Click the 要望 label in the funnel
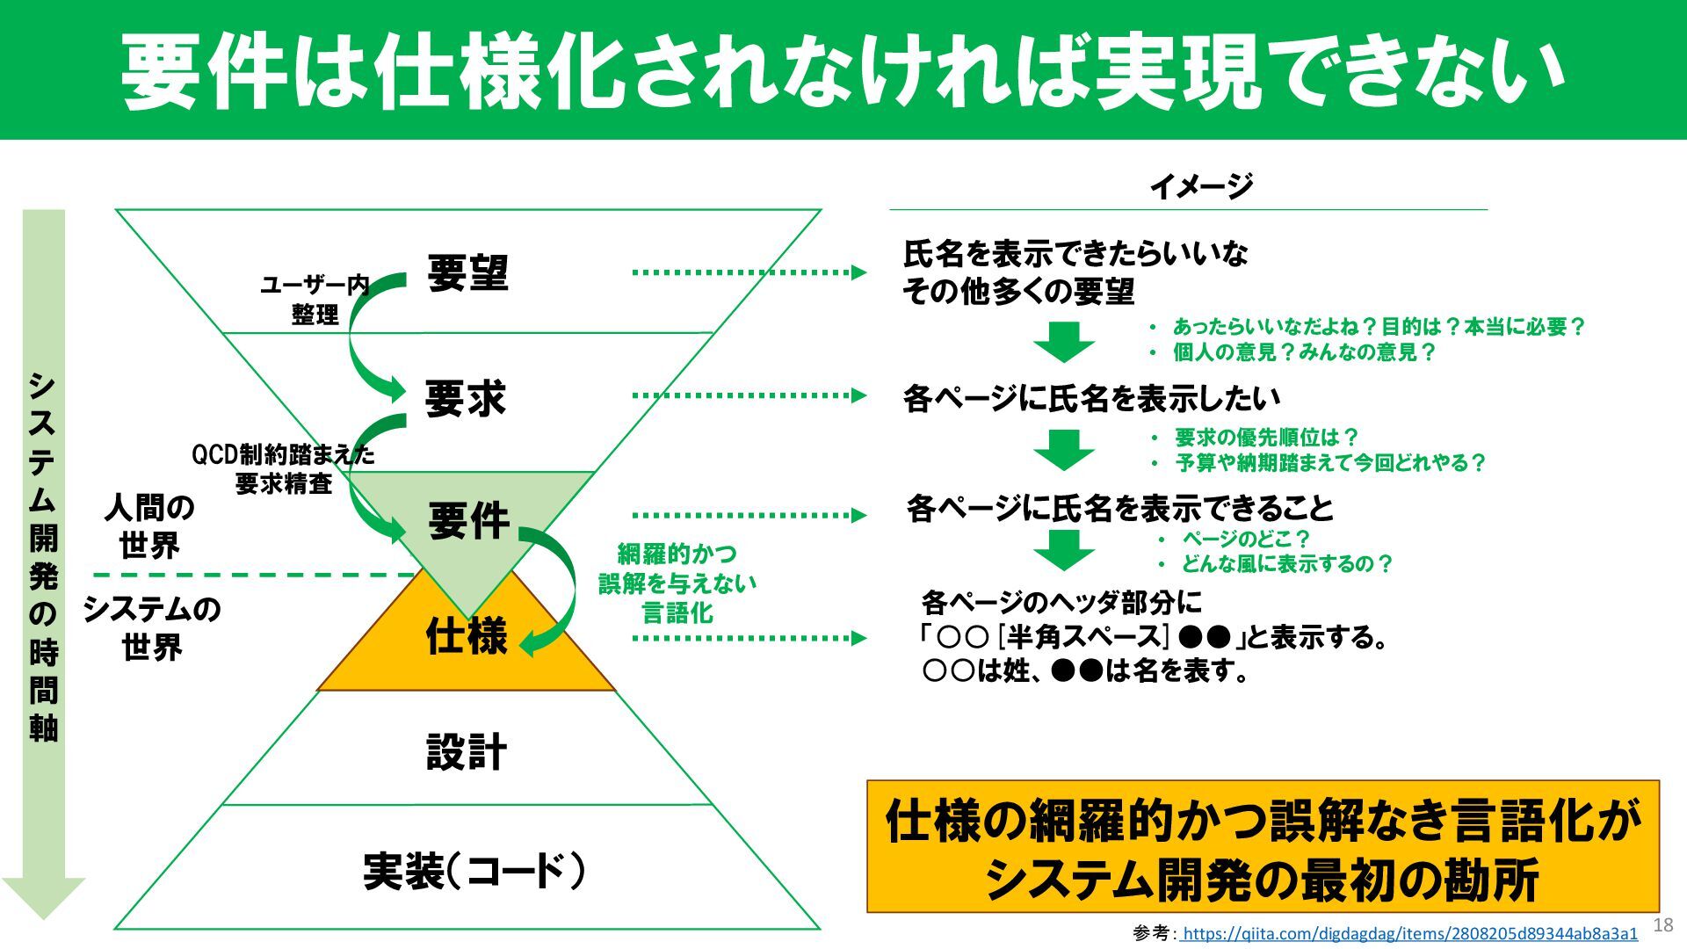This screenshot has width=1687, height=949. coord(467,273)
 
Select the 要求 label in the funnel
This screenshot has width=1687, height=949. coord(466,399)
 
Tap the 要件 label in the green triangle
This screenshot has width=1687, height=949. coord(468,520)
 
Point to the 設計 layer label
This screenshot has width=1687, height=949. coord(467,752)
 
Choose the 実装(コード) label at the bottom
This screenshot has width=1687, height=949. coord(474,872)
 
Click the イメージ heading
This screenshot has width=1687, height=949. coord(1200,186)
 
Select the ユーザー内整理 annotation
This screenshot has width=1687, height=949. coord(315,300)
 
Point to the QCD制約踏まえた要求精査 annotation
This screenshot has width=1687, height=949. coord(283,469)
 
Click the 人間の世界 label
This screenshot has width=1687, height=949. coord(149,526)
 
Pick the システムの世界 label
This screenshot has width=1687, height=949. coord(151,628)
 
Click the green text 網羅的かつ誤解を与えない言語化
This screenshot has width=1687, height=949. coord(677,583)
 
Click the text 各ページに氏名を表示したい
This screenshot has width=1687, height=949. coord(1091,399)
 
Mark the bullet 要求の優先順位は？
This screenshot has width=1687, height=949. coord(1266,438)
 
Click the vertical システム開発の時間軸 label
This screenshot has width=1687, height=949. coord(43,558)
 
